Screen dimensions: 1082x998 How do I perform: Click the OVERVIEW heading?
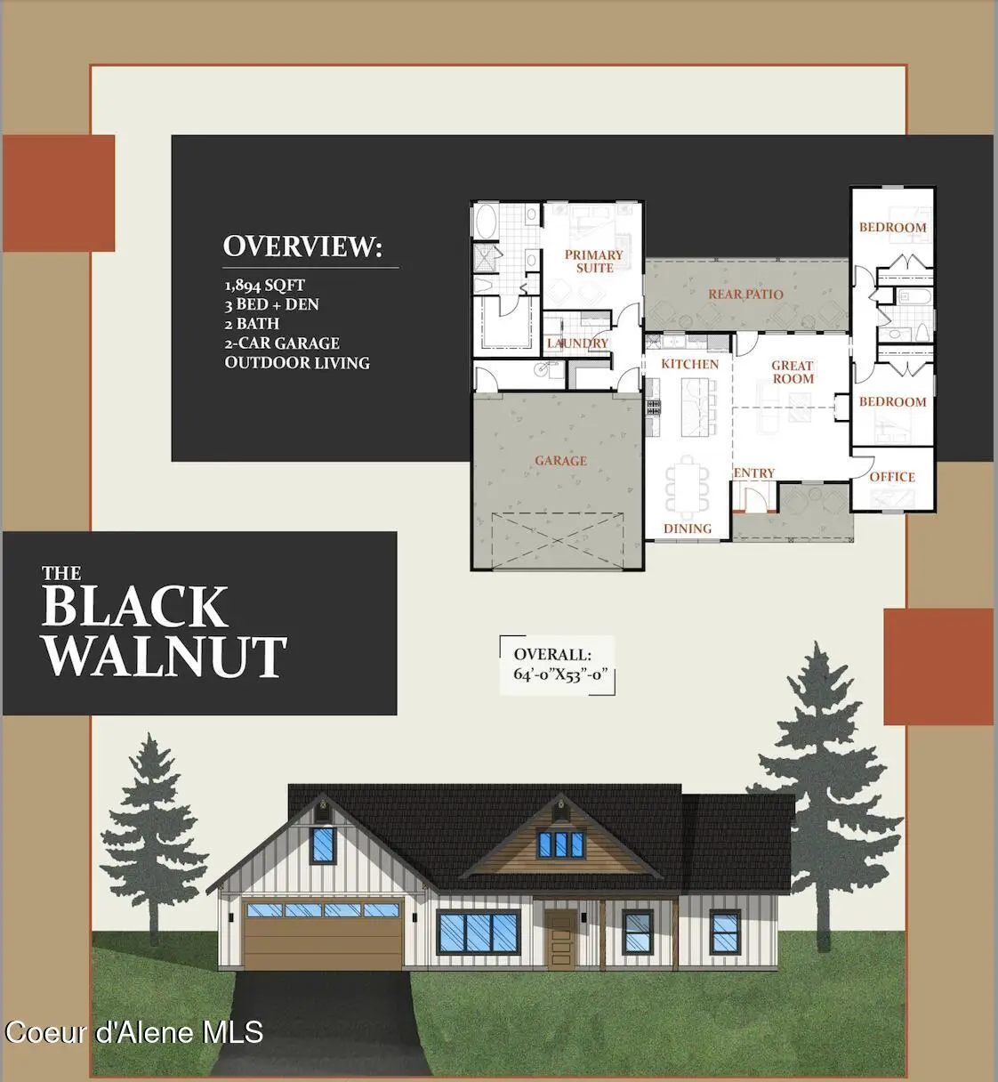pos(302,246)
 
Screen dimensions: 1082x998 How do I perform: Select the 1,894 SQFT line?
pos(264,286)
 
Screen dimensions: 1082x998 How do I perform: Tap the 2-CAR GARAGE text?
pos(282,343)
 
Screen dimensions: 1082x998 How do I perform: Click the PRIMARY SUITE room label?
pos(593,261)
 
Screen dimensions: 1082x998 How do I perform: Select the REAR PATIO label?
pos(745,295)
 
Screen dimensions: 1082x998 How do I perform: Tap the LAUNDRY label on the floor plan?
pos(577,343)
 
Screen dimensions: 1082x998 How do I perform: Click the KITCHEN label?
pos(689,364)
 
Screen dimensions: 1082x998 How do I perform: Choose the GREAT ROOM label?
pos(793,372)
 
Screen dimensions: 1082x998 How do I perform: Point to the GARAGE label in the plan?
pos(560,461)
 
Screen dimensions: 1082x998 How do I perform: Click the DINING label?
pos(688,529)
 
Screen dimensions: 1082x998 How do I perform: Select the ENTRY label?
pos(754,473)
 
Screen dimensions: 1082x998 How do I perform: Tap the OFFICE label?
pos(892,477)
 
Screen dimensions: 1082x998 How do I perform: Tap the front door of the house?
pos(560,940)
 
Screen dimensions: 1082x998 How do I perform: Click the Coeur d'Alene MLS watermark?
pos(134,1032)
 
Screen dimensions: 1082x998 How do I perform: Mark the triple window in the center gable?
pos(559,844)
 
